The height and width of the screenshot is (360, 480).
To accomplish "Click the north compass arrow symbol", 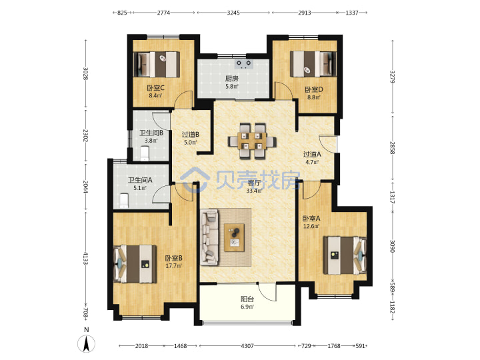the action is pyautogui.click(x=87, y=343).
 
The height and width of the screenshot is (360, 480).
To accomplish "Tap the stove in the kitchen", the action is pyautogui.click(x=243, y=64).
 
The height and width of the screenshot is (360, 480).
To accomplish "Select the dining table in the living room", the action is pyautogui.click(x=252, y=141).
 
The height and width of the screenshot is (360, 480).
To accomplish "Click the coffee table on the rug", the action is pyautogui.click(x=234, y=237).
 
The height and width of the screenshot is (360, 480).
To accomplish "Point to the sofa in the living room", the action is pyautogui.click(x=210, y=237).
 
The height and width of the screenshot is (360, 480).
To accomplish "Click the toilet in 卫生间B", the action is pyautogui.click(x=145, y=153).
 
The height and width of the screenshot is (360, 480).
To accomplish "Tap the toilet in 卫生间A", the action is pyautogui.click(x=124, y=201).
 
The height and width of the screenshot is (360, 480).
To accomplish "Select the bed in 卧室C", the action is pyautogui.click(x=157, y=65).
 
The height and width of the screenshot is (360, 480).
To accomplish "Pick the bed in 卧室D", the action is pyautogui.click(x=313, y=64).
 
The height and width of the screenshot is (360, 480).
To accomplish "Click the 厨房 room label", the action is pyautogui.click(x=232, y=79).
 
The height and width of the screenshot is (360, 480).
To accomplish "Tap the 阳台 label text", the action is pyautogui.click(x=247, y=299).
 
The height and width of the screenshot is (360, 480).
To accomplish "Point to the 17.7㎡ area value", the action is pyautogui.click(x=173, y=266).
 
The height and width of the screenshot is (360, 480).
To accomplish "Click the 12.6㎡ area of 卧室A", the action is pyautogui.click(x=311, y=226).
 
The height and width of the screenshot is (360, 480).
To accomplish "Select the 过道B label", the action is pyautogui.click(x=191, y=135).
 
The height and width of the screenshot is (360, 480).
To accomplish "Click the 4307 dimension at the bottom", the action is pyautogui.click(x=247, y=346).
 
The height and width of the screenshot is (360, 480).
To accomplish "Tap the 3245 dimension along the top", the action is pyautogui.click(x=233, y=13).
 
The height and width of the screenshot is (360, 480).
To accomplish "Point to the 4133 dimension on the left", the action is pyautogui.click(x=86, y=258).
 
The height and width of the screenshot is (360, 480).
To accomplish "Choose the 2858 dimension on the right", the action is pyautogui.click(x=393, y=148).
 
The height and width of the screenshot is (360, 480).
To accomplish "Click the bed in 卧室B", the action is pyautogui.click(x=135, y=264).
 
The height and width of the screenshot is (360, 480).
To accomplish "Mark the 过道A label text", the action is pyautogui.click(x=312, y=155).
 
